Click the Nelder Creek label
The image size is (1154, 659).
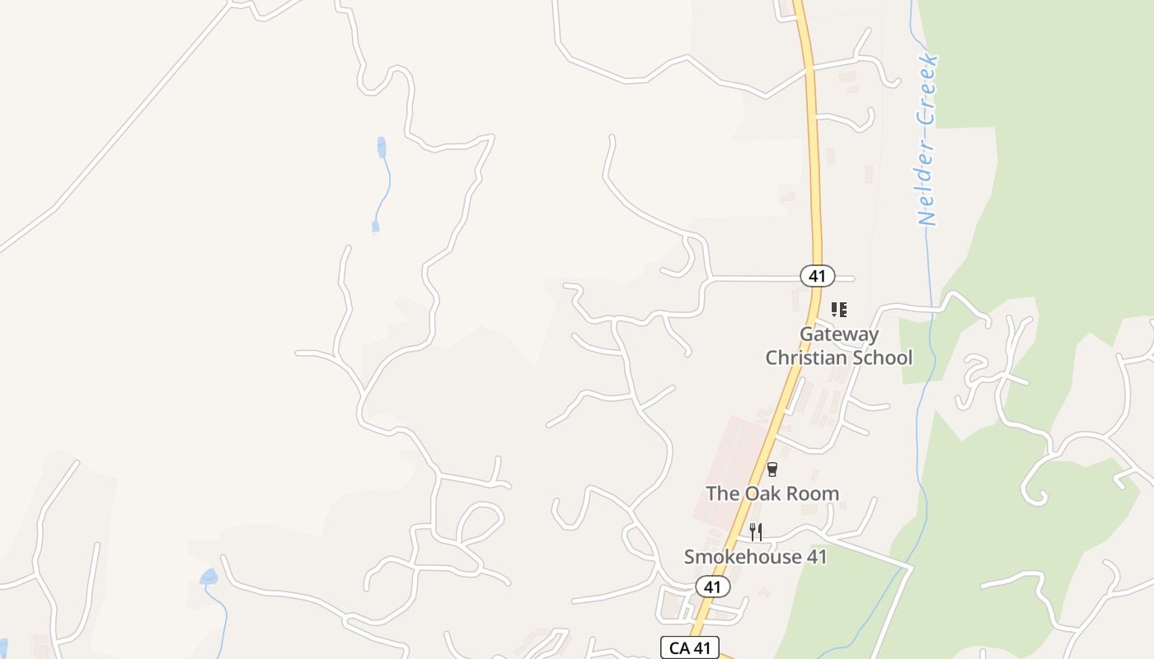[928, 140]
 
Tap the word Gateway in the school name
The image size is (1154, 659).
[838, 334]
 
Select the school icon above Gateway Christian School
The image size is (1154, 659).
[839, 310]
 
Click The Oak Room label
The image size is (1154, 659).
[772, 493]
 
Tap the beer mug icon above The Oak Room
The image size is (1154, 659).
[772, 470]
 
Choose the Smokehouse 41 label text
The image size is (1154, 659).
[755, 557]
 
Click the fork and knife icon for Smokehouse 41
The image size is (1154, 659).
[755, 532]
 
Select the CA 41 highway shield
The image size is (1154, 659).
[690, 647]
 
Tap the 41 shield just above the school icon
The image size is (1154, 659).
[817, 276]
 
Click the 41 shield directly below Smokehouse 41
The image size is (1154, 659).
[712, 587]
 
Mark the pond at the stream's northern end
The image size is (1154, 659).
[381, 147]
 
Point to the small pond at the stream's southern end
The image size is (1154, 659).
[376, 225]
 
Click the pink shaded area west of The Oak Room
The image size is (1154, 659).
[725, 461]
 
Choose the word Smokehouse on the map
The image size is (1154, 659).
[743, 557]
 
